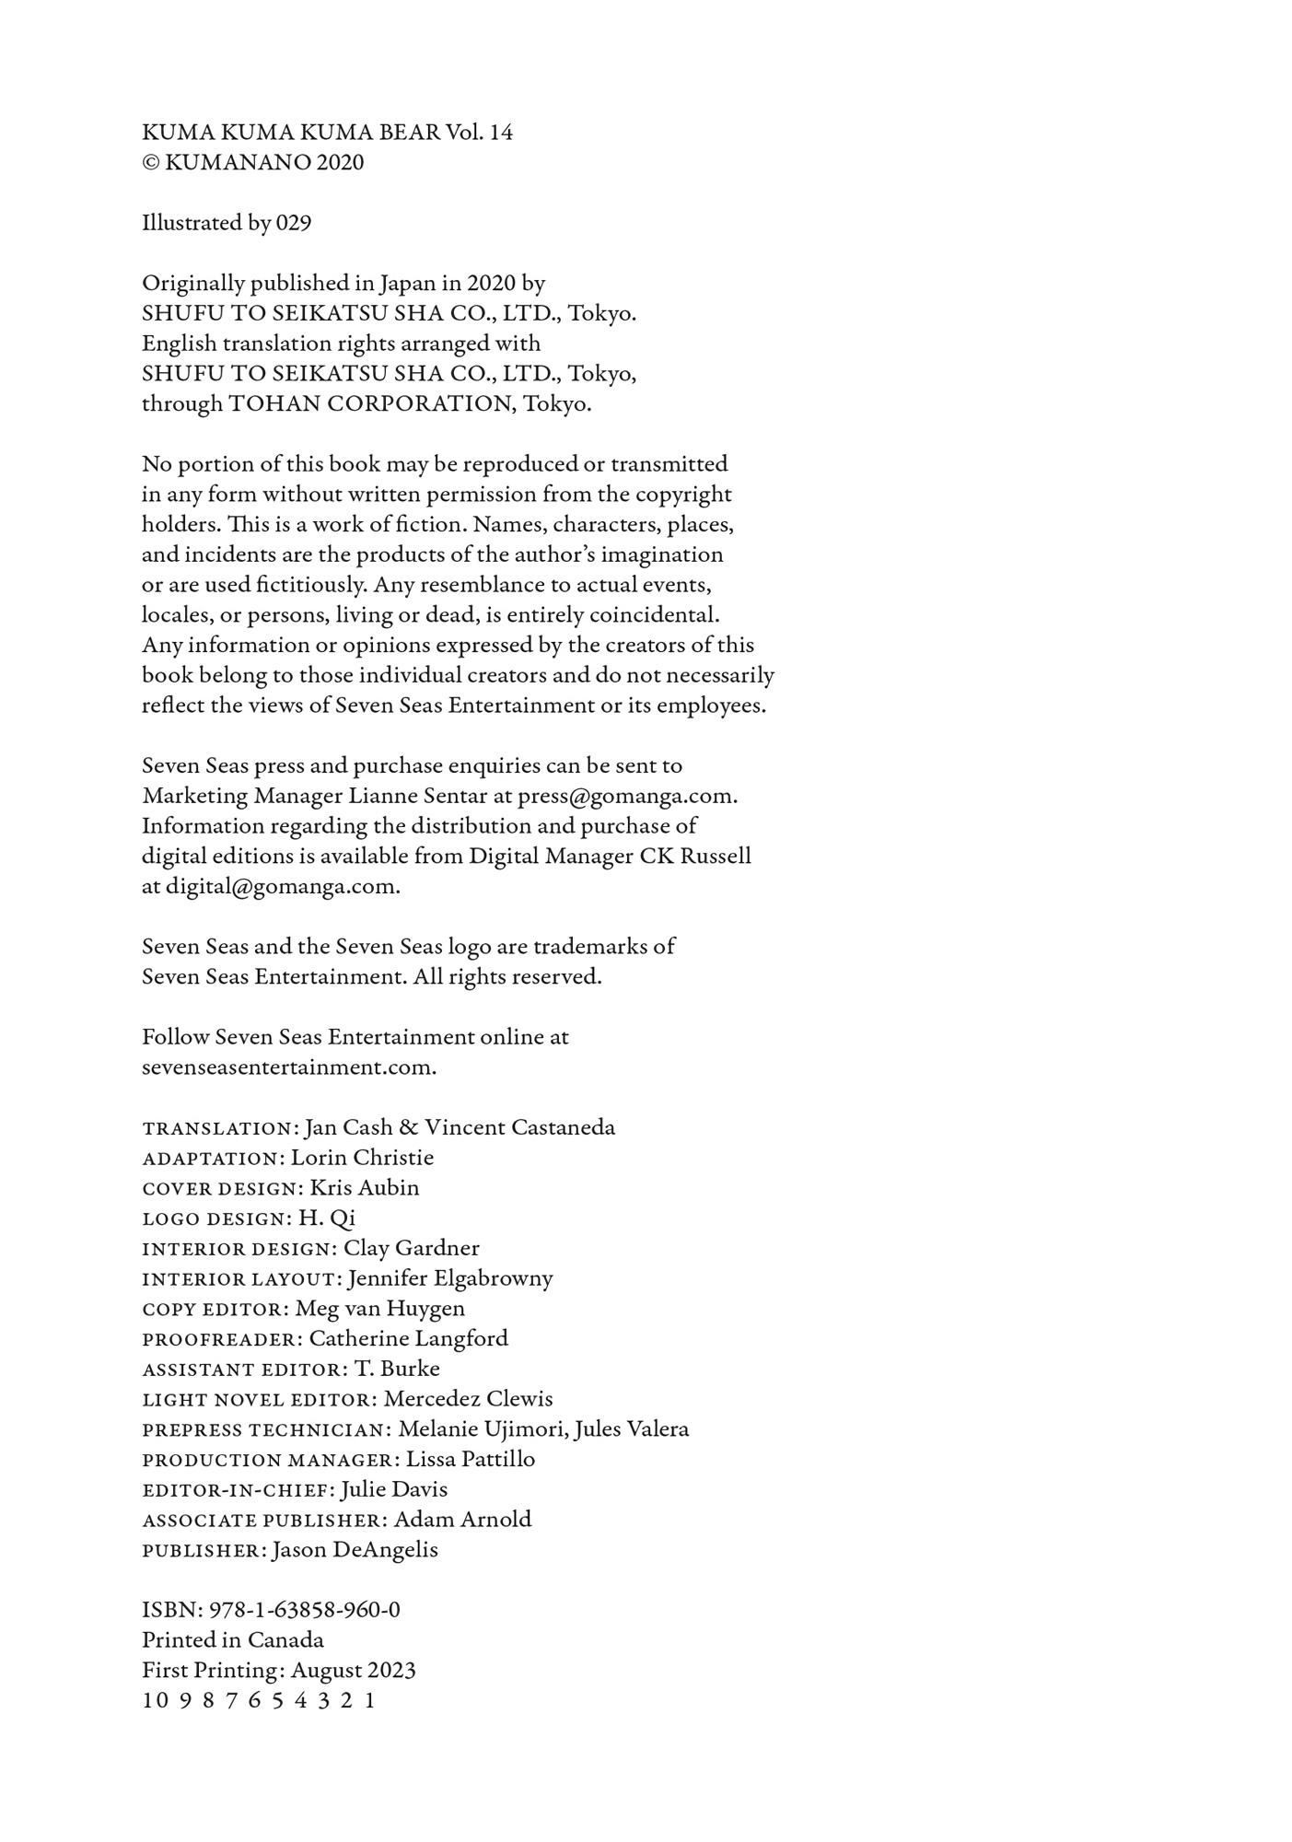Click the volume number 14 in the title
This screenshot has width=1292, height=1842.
coord(501,133)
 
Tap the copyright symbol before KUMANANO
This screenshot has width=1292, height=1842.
coord(151,163)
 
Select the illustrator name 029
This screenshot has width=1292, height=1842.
coord(294,224)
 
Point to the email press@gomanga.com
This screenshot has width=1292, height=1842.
coord(627,796)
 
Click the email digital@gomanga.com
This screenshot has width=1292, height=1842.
coord(283,887)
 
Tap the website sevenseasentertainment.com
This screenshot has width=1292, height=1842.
coord(288,1067)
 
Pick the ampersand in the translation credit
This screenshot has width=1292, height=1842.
coord(409,1128)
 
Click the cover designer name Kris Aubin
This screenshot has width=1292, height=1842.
coord(365,1188)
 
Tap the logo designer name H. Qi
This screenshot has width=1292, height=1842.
coord(327,1218)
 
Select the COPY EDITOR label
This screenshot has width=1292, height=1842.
coord(215,1310)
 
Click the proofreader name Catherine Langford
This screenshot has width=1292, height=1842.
coord(408,1339)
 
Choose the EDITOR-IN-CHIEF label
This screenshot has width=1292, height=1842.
coord(238,1490)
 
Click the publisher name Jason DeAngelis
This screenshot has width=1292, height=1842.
coord(355,1550)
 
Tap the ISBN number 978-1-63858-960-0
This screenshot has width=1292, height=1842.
coord(305,1611)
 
